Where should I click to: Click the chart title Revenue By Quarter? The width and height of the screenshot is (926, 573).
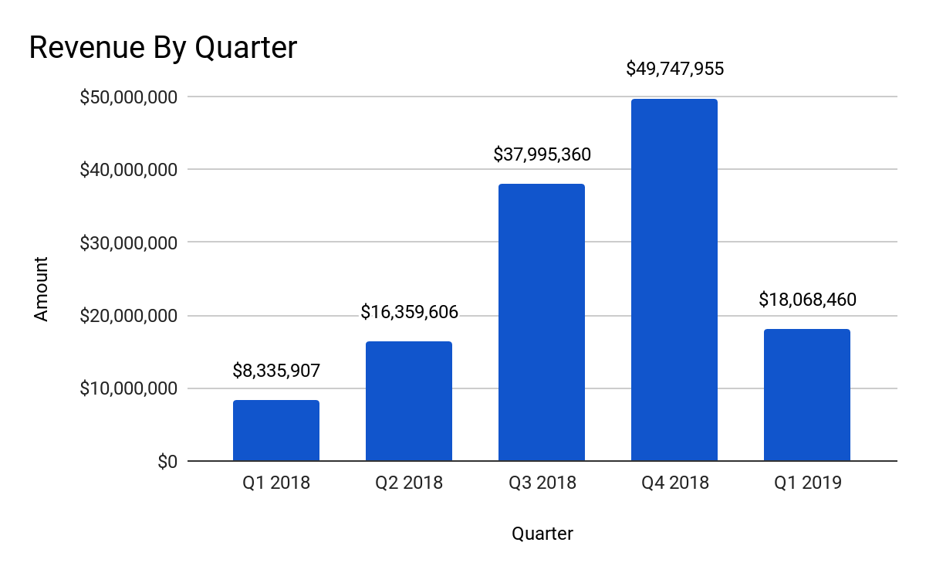163,48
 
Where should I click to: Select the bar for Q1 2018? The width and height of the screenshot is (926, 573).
275,430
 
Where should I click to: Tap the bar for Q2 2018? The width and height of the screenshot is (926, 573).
408,401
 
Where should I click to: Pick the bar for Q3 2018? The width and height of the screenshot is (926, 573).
541,322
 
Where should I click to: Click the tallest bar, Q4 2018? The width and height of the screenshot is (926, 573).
674,280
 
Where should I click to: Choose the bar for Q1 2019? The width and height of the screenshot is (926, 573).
806,395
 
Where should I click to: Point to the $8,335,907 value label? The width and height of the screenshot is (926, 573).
275,371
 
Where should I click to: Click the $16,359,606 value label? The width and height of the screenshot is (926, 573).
409,313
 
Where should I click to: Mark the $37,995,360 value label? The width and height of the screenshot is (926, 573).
542,155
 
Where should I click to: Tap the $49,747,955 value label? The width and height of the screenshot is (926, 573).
674,70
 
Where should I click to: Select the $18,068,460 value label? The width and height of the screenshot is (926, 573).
807,300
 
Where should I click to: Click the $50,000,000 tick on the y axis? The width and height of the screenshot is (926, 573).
129,97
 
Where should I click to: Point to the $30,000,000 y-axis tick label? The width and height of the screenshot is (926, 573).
129,242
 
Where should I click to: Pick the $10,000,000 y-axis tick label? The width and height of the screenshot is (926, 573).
129,388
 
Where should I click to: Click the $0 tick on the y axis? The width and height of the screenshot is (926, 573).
167,462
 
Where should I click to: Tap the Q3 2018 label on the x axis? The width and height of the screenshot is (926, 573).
542,484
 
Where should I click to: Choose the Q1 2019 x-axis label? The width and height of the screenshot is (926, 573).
807,484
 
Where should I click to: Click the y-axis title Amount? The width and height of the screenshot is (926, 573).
41,289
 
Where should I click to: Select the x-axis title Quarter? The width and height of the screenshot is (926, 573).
542,534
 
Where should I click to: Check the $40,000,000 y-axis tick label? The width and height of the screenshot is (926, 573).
129,170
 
